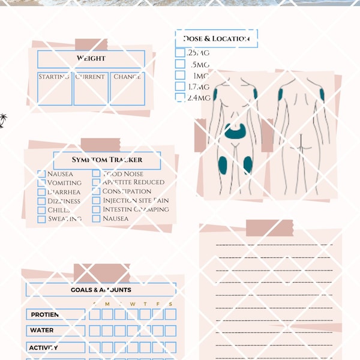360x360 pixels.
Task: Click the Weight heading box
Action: pos(91,59)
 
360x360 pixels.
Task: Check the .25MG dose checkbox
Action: pos(180,53)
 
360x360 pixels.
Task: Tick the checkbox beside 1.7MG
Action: pos(180,86)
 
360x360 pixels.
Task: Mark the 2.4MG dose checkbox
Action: pos(180,97)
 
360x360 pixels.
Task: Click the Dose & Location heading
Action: pos(216,39)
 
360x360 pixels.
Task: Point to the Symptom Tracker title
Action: pos(107,160)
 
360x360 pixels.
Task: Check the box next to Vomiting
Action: pos(41,183)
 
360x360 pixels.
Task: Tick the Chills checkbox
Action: pos(41,210)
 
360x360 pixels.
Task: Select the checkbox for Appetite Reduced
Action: pos(96,182)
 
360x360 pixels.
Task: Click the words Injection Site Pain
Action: pos(136,200)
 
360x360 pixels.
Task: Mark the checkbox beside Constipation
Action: pos(96,191)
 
